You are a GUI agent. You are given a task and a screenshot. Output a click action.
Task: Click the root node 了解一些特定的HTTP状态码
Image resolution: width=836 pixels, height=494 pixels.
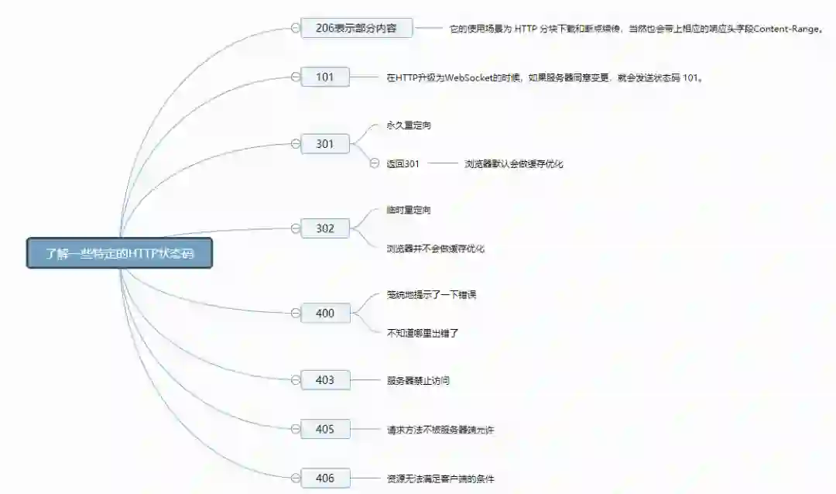click(x=119, y=253)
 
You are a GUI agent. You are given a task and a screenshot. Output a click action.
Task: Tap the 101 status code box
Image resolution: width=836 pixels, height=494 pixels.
click(x=325, y=77)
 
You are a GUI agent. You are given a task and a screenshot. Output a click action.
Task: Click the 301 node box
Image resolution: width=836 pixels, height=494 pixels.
click(x=325, y=143)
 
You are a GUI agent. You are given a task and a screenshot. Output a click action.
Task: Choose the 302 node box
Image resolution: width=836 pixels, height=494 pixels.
click(x=325, y=228)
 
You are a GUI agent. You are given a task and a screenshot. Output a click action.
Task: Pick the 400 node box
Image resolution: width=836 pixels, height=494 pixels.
click(x=325, y=313)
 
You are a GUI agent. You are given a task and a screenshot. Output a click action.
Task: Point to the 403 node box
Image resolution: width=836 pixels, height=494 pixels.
click(x=325, y=380)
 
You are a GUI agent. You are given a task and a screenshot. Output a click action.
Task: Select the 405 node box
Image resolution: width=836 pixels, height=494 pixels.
click(x=325, y=429)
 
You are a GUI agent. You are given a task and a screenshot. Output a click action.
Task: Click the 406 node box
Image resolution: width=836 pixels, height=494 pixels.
click(x=325, y=478)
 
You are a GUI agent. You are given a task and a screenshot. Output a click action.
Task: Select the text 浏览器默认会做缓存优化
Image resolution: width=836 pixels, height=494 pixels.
click(x=514, y=164)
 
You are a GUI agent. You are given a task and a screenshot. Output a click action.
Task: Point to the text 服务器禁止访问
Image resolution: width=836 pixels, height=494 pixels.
click(x=418, y=381)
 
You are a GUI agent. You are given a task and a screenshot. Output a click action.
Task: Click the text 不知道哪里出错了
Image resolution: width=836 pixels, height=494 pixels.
click(x=423, y=333)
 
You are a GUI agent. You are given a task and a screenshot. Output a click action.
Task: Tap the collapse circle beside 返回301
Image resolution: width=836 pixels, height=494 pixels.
click(x=375, y=163)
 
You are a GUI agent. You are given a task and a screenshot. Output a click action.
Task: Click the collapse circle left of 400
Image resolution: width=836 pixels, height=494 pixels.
click(x=295, y=313)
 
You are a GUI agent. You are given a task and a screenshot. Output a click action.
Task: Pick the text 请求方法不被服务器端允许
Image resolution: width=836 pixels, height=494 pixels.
click(x=440, y=430)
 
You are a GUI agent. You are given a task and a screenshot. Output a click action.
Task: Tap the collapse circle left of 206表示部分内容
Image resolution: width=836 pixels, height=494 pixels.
click(x=295, y=28)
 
